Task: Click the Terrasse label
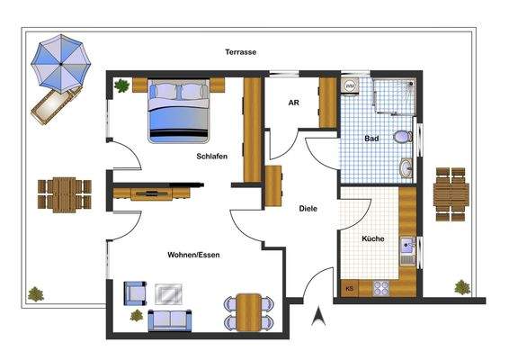241,52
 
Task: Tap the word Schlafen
211,157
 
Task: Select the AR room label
293,103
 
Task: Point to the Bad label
371,139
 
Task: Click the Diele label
308,209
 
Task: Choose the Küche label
373,239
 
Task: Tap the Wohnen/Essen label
193,255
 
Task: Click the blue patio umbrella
60,61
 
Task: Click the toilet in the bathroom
405,138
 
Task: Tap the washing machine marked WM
351,86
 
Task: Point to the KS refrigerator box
350,289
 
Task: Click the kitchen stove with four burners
380,288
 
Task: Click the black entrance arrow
317,315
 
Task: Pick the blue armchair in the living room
135,292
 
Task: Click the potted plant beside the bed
121,86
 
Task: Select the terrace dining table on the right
451,193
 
